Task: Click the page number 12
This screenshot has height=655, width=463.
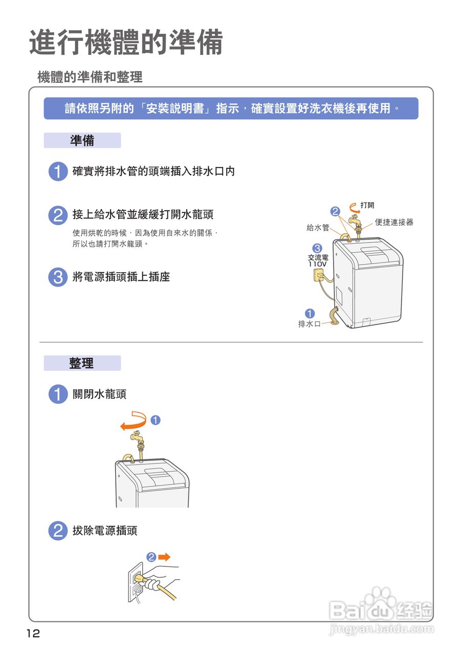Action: [33, 633]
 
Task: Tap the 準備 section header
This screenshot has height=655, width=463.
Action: [82, 140]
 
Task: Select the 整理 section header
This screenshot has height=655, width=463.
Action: [82, 363]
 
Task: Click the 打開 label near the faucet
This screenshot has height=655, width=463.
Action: [367, 205]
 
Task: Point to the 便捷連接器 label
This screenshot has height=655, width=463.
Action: [394, 222]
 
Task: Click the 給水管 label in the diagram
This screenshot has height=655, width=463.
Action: [318, 228]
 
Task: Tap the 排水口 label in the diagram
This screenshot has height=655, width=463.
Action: [309, 324]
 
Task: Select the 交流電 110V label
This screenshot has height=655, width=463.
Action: [318, 260]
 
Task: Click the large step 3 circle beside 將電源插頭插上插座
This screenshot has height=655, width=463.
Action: [58, 277]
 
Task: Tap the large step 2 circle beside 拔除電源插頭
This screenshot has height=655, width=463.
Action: [58, 531]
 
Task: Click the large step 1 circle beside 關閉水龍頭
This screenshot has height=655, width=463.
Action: [58, 394]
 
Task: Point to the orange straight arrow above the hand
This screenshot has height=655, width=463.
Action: [164, 557]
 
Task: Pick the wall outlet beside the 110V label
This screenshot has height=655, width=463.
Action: [318, 275]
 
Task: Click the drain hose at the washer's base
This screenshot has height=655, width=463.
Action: [333, 316]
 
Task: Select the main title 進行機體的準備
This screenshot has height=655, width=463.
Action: [126, 42]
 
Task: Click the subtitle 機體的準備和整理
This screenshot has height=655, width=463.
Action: [90, 77]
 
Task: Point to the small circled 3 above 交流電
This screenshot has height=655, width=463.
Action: [317, 248]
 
